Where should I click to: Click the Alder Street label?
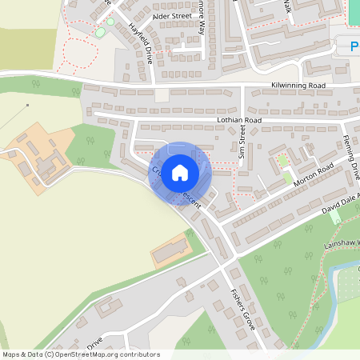coord(172,15)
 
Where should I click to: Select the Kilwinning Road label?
coord(298,84)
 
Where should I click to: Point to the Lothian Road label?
coord(239,120)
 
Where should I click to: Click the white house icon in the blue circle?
coord(180,172)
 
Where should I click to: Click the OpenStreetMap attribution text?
coord(81,354)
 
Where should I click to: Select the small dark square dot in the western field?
coord(27,105)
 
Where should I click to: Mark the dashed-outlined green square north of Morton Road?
coord(282,162)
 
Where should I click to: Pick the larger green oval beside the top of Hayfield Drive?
coord(100,32)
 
